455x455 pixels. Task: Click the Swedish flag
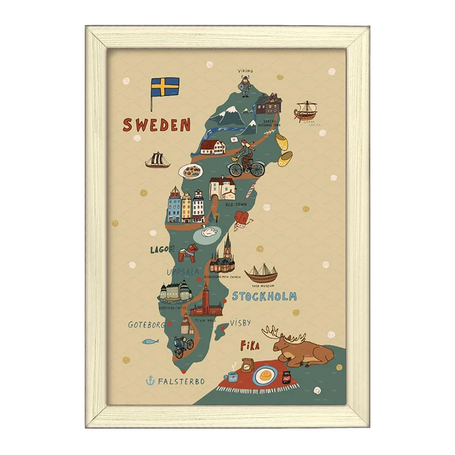click(165, 87)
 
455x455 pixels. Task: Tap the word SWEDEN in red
click(156, 125)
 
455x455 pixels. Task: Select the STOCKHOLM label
click(264, 296)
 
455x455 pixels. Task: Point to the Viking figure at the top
click(245, 86)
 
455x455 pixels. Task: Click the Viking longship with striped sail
click(305, 110)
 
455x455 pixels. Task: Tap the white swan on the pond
click(210, 231)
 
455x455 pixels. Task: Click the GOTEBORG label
click(146, 325)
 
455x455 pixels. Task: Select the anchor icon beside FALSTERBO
click(150, 380)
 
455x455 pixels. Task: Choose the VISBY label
click(240, 323)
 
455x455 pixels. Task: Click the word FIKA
click(250, 345)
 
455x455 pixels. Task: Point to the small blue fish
click(150, 342)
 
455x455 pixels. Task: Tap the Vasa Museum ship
click(261, 274)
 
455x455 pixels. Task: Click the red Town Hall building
click(206, 301)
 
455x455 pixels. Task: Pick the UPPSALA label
click(183, 272)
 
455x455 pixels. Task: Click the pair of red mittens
click(242, 219)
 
